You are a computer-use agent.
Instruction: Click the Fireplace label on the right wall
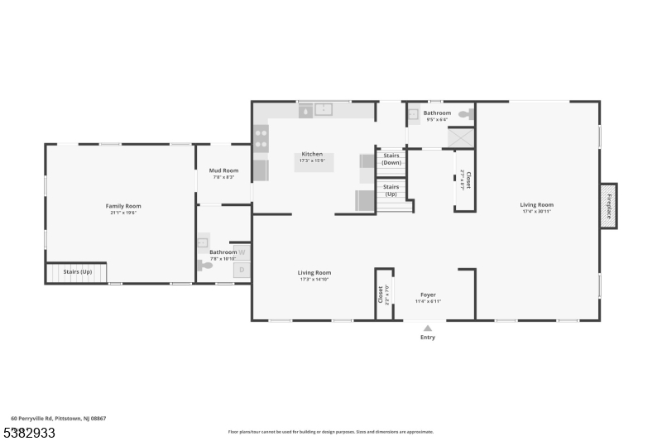coord(608,205)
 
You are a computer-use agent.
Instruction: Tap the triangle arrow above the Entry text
coord(428,328)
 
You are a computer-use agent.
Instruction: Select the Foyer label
coord(428,295)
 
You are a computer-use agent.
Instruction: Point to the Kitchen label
coord(312,154)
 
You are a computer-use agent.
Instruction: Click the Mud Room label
coord(223,170)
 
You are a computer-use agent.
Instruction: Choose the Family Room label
coord(122,205)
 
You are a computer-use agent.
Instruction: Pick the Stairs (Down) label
coord(391,158)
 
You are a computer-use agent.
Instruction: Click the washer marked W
coord(242,252)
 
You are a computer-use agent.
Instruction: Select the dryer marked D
coord(242,270)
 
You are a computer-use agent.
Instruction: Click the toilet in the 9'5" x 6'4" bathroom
coord(467,113)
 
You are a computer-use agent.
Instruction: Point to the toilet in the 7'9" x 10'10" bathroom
coord(204,265)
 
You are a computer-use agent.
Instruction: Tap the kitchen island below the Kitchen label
coord(314,164)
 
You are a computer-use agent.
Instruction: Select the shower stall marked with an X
coord(461,137)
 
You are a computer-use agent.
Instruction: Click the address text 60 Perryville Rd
coord(58,419)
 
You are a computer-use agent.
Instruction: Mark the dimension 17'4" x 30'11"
coord(536,212)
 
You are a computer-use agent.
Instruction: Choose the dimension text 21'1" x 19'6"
coord(122,213)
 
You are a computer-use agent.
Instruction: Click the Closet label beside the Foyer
coord(381,294)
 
